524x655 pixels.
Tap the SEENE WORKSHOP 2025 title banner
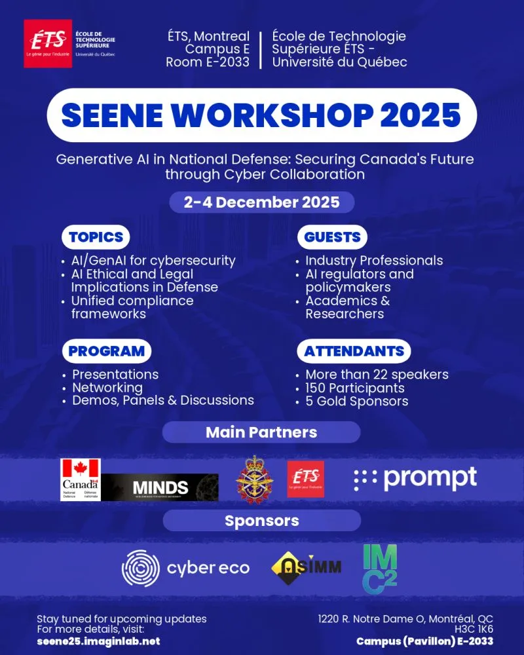(x=261, y=115)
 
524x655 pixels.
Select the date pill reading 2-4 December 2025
(x=261, y=202)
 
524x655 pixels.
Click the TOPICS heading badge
(x=96, y=236)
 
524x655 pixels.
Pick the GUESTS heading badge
(x=332, y=236)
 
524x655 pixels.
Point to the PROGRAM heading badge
(x=106, y=350)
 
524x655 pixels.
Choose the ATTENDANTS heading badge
(x=354, y=350)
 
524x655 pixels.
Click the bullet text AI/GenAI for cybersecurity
(x=153, y=260)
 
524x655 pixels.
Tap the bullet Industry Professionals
(x=374, y=260)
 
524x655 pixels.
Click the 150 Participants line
(x=354, y=387)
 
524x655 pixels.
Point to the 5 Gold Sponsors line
(x=356, y=400)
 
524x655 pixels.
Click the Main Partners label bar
(x=261, y=432)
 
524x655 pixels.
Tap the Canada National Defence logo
(x=80, y=479)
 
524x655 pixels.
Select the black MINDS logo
(x=160, y=487)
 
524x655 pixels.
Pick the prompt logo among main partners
(x=415, y=479)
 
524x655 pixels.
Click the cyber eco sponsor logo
(x=185, y=568)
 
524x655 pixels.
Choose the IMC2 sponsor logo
(x=380, y=569)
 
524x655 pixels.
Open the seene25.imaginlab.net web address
(x=98, y=641)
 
